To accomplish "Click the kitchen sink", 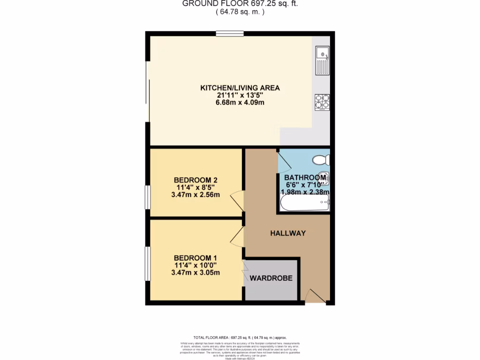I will pos(322,60).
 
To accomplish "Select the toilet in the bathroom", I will pos(321,160).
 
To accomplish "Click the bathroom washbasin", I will pos(323,177).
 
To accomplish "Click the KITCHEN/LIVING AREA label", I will pos(240,88).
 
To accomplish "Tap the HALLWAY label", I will pos(288,233).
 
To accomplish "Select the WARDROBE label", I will pos(271,278).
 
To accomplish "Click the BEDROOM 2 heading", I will pos(195,180).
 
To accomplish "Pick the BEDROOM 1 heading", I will pos(195,258).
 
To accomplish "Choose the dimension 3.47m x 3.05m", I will pos(196,272).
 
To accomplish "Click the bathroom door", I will pos(284,159).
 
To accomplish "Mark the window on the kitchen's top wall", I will pos(230,34).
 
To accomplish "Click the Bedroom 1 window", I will pos(148,264).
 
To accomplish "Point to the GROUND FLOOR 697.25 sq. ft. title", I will pos(240,4).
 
